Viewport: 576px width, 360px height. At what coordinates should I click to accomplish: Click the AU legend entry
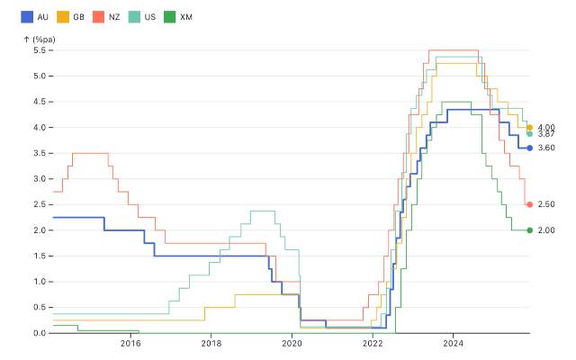(x=33, y=17)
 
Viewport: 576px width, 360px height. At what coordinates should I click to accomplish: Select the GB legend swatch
(x=63, y=17)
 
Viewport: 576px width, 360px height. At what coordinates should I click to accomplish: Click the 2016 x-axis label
(x=130, y=345)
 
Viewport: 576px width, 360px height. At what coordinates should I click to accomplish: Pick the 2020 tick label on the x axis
(x=292, y=345)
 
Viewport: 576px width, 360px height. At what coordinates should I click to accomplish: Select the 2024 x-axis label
(x=454, y=345)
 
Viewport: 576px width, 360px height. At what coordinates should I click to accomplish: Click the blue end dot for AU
(x=530, y=148)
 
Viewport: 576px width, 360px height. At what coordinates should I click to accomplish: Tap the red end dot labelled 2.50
(x=530, y=204)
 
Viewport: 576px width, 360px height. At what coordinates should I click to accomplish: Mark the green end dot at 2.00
(x=530, y=230)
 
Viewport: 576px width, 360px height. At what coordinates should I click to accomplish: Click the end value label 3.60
(x=546, y=148)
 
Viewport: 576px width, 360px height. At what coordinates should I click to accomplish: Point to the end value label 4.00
(x=546, y=127)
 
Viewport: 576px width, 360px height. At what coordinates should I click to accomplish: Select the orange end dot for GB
(x=530, y=128)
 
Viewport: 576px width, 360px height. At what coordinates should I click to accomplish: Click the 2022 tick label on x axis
(x=373, y=345)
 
